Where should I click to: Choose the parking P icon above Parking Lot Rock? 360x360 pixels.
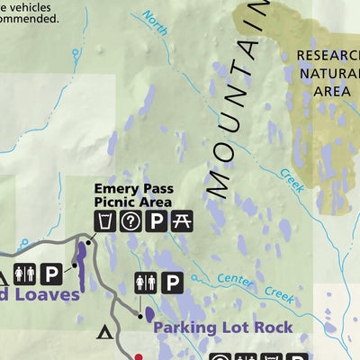pyautogui.click(x=173, y=283)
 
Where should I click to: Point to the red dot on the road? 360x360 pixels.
pyautogui.click(x=139, y=356)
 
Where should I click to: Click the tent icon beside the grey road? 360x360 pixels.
pyautogui.click(x=105, y=334)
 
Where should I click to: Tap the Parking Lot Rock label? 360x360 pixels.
pyautogui.click(x=222, y=327)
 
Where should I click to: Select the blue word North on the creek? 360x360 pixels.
pyautogui.click(x=156, y=23)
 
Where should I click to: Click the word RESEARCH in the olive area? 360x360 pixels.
pyautogui.click(x=327, y=56)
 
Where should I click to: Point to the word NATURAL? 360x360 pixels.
pyautogui.click(x=328, y=73)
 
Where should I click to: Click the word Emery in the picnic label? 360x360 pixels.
pyautogui.click(x=116, y=189)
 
